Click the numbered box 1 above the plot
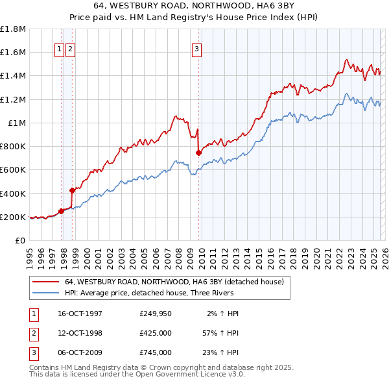[58, 47]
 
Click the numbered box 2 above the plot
[69, 47]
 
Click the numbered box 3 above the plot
[196, 47]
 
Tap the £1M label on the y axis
[17, 123]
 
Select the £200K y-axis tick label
[13, 217]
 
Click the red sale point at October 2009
[198, 153]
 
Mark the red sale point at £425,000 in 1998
[73, 190]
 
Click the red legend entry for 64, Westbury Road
[174, 282]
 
